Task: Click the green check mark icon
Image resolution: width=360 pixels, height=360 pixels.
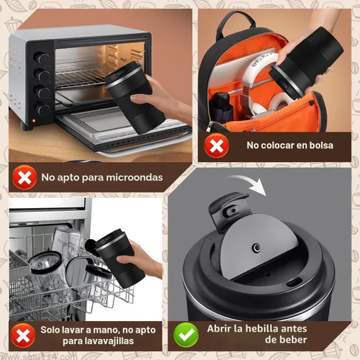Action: coord(186,335)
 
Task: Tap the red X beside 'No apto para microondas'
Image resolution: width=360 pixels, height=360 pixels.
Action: coord(24,177)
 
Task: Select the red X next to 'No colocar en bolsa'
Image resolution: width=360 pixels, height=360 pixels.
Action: coord(217,145)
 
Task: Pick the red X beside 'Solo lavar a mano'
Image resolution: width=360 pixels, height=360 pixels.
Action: coord(23,336)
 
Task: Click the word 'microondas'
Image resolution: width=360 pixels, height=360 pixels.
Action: coord(135,177)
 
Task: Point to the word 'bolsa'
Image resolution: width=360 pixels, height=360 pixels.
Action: coord(321,145)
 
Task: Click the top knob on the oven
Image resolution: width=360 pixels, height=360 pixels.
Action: coord(42,58)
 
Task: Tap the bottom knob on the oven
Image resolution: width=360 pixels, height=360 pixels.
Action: coord(42,109)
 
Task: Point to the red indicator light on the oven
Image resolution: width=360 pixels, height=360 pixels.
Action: coord(34,120)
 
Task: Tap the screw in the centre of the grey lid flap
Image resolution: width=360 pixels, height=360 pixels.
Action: coord(257,248)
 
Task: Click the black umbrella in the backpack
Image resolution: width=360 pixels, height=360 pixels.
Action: coord(221,107)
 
